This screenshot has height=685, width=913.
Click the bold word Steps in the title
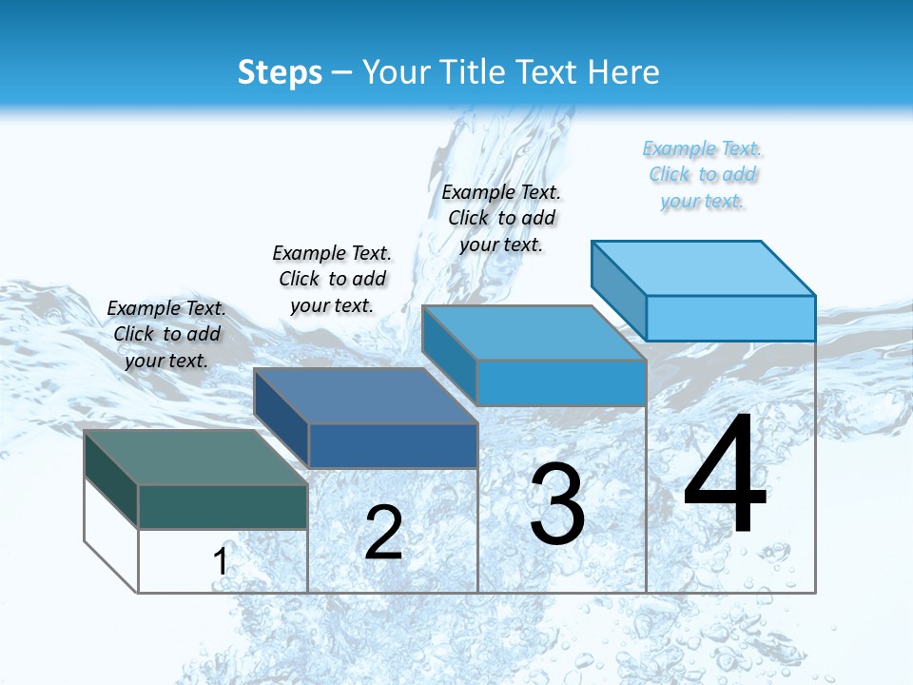280,72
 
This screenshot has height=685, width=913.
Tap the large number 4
725,476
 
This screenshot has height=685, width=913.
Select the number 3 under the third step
557,504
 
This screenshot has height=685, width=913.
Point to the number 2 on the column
383,533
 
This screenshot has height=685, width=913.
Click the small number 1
220,561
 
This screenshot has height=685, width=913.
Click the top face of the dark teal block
195,457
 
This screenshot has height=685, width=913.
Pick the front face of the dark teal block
223,506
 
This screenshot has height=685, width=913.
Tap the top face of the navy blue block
364,396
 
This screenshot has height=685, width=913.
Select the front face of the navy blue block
392,445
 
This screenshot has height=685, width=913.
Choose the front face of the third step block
561,382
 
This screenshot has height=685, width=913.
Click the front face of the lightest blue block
730,318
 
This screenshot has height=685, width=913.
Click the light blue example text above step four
702,174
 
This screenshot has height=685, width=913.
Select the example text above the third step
501,218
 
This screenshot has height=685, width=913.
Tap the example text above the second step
332,279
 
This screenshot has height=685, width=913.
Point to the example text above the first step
166,334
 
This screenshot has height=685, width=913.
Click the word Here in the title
623,72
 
